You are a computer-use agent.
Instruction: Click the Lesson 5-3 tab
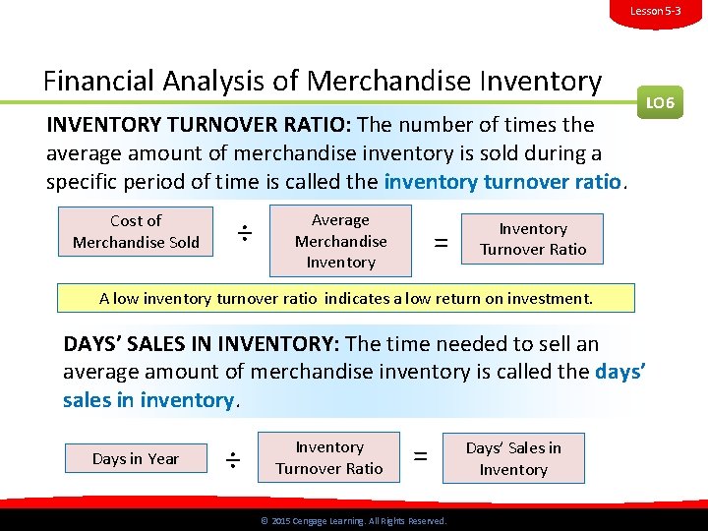655,11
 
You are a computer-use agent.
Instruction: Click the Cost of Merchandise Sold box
136,232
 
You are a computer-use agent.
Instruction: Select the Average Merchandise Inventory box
340,241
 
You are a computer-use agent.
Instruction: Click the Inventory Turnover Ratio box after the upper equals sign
533,239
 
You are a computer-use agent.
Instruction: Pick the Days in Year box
136,458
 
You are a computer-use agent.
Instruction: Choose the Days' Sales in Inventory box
513,458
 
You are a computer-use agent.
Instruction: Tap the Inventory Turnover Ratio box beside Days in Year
329,458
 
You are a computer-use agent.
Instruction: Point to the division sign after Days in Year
233,459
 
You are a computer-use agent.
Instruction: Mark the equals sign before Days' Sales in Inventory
421,456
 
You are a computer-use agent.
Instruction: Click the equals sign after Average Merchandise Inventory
442,242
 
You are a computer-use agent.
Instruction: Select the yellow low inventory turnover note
346,298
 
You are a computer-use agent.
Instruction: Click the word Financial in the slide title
102,81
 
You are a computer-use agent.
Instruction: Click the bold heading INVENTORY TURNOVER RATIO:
200,126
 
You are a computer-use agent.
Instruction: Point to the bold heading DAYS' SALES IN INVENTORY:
202,344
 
